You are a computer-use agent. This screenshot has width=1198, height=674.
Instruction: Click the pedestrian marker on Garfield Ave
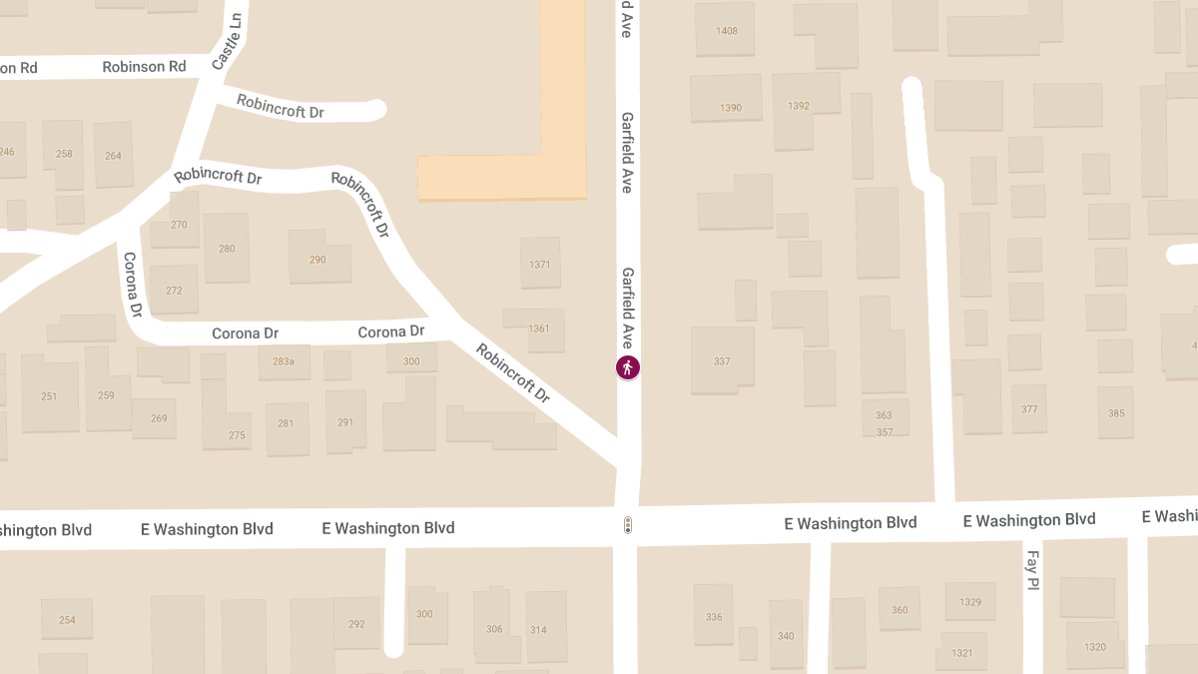click(x=628, y=367)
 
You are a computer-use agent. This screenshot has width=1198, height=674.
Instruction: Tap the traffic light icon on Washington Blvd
click(x=628, y=525)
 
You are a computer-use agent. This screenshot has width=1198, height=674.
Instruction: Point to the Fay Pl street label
click(x=1033, y=570)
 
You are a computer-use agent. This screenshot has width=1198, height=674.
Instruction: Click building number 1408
click(x=727, y=31)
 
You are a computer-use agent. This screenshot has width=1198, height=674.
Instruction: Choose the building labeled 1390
click(x=731, y=108)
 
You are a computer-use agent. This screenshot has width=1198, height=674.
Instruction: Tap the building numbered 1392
click(x=799, y=106)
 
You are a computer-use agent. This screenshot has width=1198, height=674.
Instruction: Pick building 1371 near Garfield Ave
click(x=540, y=265)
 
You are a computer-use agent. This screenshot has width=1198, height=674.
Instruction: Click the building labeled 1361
click(x=539, y=329)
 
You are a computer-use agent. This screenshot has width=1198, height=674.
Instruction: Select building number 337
click(x=722, y=361)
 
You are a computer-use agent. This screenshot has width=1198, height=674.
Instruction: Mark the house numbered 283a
click(x=285, y=361)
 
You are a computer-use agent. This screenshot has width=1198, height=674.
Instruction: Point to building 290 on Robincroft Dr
click(x=318, y=260)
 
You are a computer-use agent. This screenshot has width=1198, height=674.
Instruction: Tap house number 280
click(x=227, y=249)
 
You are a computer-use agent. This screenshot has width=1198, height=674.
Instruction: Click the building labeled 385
click(x=1115, y=413)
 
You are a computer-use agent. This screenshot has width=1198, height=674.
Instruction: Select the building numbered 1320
click(x=1095, y=647)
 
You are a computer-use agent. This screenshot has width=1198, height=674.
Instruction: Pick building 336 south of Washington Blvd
click(x=714, y=617)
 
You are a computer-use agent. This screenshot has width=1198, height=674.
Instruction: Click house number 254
click(x=67, y=620)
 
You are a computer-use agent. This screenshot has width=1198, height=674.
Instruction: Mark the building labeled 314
click(x=538, y=629)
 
